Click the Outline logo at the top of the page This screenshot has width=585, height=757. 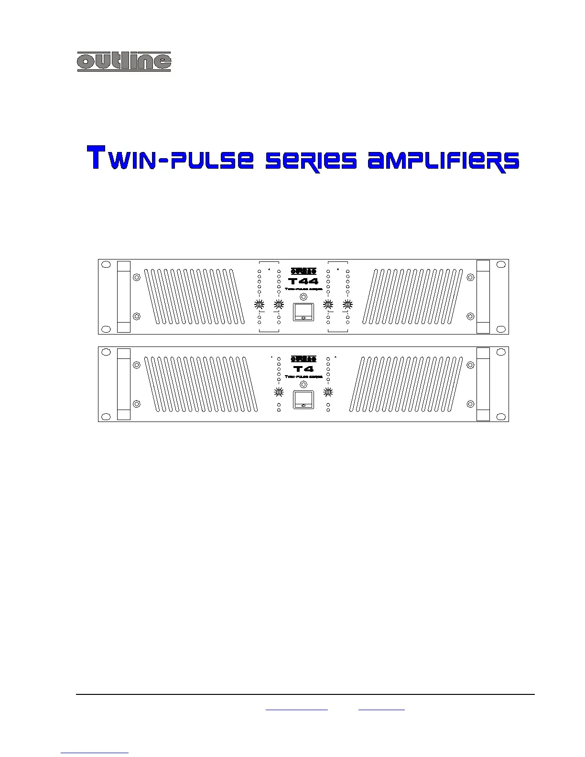124,61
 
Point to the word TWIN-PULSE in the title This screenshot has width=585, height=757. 170,158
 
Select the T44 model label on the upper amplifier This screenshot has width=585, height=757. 303,281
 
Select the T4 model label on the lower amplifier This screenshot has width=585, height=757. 303,369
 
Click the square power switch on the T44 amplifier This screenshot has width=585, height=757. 303,312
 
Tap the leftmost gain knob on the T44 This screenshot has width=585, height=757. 260,304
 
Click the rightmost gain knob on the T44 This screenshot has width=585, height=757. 347,304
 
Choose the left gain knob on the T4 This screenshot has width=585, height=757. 279,392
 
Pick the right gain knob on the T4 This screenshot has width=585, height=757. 328,392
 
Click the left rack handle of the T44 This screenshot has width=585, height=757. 124,296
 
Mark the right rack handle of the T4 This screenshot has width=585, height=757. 483,384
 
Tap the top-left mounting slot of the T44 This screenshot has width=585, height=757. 107,264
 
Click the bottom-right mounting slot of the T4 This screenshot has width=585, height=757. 501,416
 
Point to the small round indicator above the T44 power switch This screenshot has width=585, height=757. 303,297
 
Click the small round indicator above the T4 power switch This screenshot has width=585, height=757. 303,385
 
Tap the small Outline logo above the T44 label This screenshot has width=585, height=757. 303,271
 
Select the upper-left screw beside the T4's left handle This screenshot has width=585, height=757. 137,365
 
